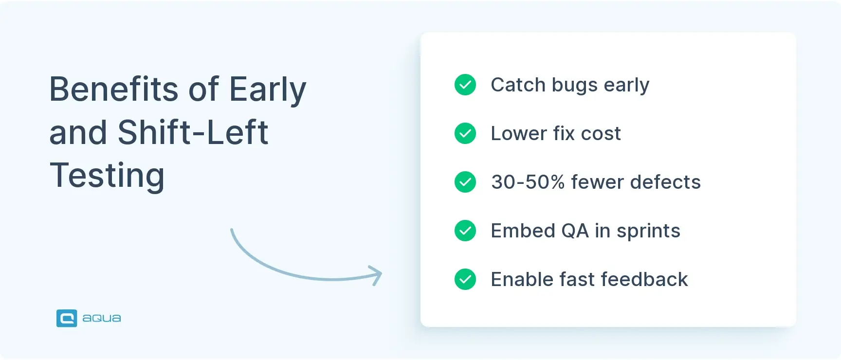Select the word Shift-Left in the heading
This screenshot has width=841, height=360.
193,132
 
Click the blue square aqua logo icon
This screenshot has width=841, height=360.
67,318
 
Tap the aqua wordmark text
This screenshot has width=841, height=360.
102,319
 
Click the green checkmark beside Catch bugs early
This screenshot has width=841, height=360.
465,85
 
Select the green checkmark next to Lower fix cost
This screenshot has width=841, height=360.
465,133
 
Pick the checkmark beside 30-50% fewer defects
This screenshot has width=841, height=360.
465,182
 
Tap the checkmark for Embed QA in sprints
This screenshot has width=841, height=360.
465,231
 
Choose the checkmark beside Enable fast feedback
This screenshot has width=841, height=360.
465,279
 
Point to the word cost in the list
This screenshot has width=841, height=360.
601,134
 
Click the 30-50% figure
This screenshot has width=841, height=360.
528,182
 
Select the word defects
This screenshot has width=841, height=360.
665,182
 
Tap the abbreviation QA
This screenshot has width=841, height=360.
575,231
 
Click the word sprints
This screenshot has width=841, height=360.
648,232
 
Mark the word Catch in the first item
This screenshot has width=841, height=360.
518,85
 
